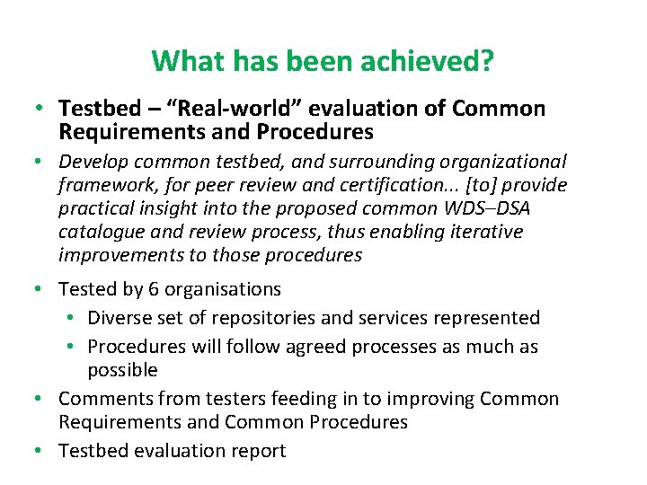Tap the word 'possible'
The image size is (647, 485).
point(122,370)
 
